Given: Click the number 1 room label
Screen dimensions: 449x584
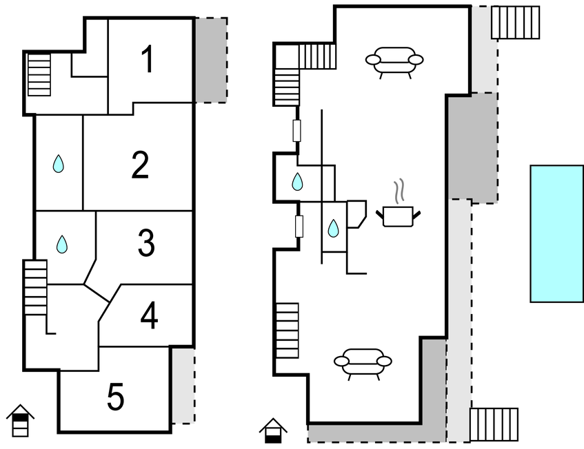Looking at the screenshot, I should tap(147, 60).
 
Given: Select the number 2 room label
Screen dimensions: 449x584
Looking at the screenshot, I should tap(140, 165).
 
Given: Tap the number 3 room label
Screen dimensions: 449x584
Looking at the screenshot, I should tap(145, 243).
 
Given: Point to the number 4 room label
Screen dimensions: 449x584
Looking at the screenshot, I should tap(149, 316).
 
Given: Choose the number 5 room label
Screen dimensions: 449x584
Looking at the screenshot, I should tap(116, 397).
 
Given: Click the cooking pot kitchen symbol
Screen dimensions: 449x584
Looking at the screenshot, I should tap(397, 216).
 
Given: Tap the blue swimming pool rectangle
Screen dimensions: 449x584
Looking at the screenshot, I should tap(556, 233).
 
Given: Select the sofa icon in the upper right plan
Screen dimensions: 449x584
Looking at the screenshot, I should tap(394, 61).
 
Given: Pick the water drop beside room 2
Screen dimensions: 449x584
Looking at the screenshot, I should tap(59, 164).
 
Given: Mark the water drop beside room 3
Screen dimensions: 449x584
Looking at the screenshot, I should tap(62, 244).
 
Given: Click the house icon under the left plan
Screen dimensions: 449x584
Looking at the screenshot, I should tap(21, 421).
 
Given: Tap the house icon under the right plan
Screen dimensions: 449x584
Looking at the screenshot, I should tap(274, 431).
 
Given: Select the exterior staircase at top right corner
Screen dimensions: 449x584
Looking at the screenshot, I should tap(515, 23).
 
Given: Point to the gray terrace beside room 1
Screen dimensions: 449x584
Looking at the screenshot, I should tap(210, 60).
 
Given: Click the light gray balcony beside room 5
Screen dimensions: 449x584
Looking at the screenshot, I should tap(182, 385).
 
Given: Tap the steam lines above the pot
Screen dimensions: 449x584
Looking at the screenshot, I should tap(399, 190).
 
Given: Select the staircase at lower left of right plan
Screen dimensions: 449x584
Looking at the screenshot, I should tap(287, 331).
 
